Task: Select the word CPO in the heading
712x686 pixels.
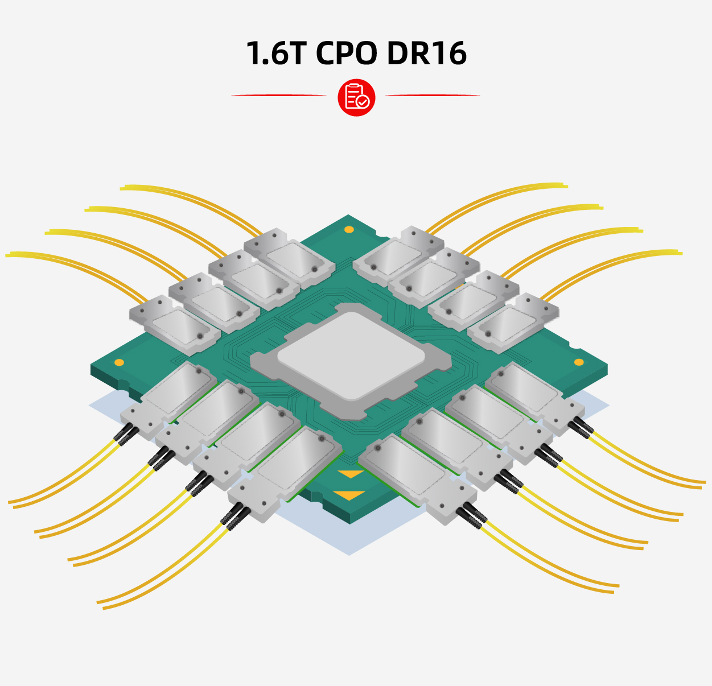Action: pyautogui.click(x=346, y=53)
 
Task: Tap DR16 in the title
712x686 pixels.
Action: pyautogui.click(x=427, y=53)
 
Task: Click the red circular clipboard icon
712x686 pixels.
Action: pyautogui.click(x=356, y=97)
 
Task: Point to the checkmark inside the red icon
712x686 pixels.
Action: pyautogui.click(x=363, y=101)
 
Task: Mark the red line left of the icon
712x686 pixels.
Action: pyautogui.click(x=278, y=95)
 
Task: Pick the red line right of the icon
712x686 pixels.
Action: pyautogui.click(x=433, y=95)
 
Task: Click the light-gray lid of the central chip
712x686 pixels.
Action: pyautogui.click(x=351, y=355)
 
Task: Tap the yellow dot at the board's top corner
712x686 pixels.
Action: pyautogui.click(x=349, y=229)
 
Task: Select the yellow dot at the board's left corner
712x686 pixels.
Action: pyautogui.click(x=120, y=362)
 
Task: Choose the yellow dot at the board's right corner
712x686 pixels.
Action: pyautogui.click(x=579, y=362)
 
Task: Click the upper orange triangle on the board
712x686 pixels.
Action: pyautogui.click(x=351, y=474)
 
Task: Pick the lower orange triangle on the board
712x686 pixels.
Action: pyautogui.click(x=349, y=495)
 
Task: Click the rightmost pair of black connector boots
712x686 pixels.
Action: pyautogui.click(x=581, y=428)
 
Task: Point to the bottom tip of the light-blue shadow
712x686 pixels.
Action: pyautogui.click(x=349, y=555)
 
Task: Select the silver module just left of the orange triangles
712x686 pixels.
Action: pyautogui.click(x=285, y=473)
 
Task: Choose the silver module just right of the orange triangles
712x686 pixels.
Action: pyautogui.click(x=417, y=479)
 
